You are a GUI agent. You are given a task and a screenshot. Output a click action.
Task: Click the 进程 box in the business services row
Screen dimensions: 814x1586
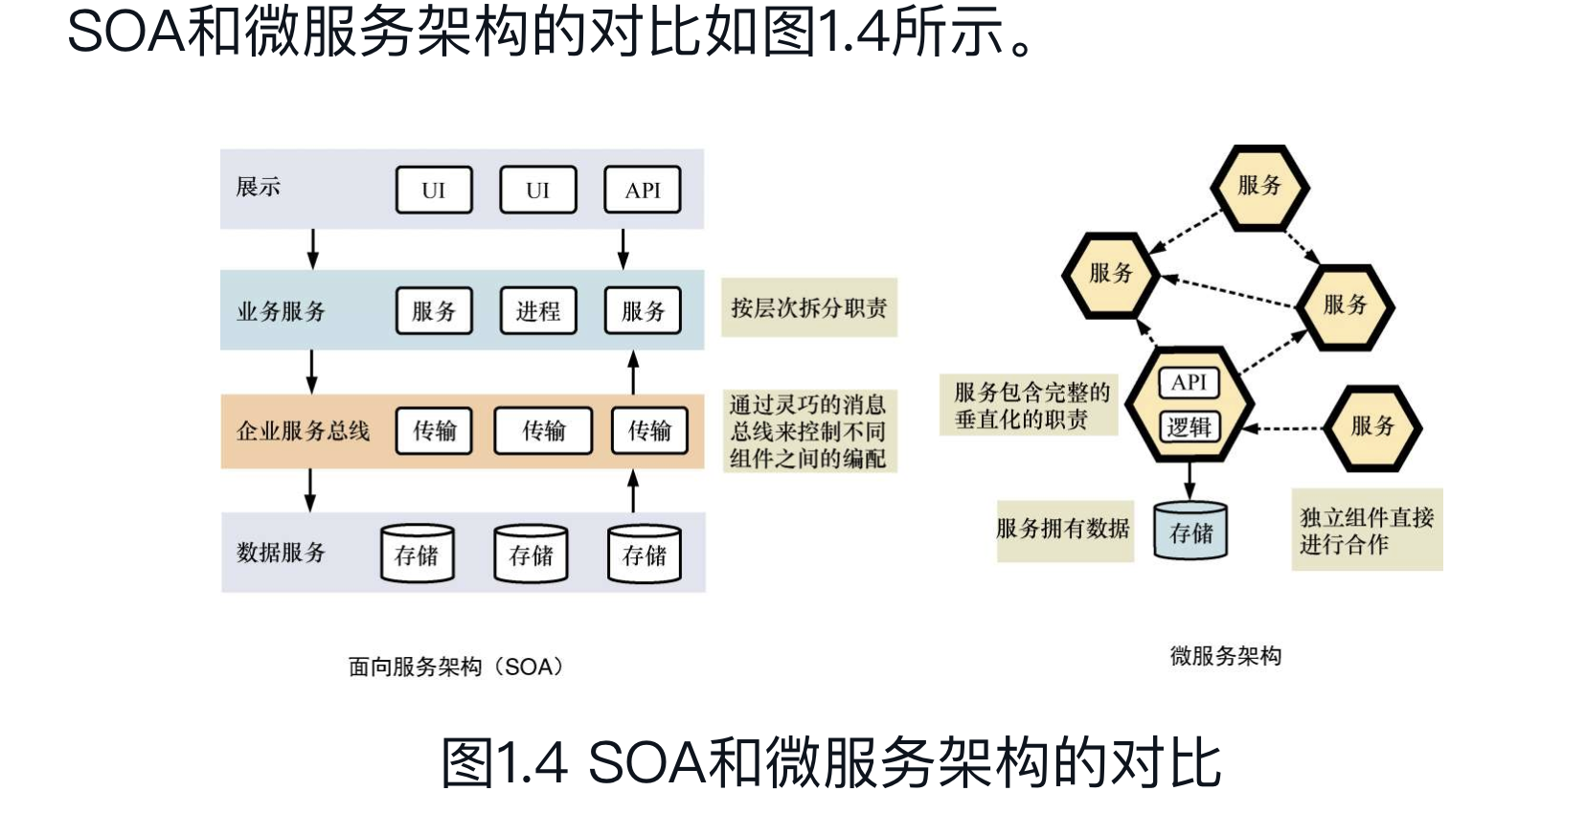(538, 310)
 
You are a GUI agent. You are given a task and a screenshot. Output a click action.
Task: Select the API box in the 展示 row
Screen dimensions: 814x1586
(643, 190)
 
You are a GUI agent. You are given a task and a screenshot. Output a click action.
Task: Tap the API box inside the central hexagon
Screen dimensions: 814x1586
(1189, 382)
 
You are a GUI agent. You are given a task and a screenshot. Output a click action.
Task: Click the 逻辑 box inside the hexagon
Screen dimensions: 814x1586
(1189, 427)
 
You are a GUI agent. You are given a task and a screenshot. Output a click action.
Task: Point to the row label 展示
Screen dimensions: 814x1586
(259, 187)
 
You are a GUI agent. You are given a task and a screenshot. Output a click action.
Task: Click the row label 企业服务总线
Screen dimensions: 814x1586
(303, 431)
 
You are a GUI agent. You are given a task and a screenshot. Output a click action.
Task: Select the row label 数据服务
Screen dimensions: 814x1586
(281, 553)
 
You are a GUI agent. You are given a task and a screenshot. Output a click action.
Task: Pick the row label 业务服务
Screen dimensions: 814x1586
(281, 311)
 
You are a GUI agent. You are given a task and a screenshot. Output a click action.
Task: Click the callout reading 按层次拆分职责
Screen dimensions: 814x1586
(809, 308)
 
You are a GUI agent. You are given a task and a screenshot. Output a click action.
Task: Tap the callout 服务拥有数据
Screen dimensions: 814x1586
(1063, 529)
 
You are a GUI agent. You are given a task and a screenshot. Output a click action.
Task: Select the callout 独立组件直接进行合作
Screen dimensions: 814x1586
(1367, 531)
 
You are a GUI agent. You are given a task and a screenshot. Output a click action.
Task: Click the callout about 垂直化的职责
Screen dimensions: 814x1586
(1029, 405)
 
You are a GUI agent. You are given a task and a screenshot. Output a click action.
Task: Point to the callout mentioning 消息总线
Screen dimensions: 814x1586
(808, 432)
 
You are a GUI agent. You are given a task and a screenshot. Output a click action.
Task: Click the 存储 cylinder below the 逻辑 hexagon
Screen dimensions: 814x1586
(1190, 531)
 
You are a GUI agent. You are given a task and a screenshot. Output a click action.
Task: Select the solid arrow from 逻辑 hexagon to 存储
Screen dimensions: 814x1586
(1189, 480)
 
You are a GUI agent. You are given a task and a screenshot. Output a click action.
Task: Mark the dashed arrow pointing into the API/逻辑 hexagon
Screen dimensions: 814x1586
(1283, 428)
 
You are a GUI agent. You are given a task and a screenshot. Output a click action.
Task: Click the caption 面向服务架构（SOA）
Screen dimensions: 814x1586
(456, 667)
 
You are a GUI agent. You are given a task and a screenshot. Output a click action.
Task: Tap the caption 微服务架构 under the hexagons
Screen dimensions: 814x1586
(1225, 656)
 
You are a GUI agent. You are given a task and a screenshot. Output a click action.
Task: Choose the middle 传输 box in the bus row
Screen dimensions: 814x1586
(543, 431)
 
